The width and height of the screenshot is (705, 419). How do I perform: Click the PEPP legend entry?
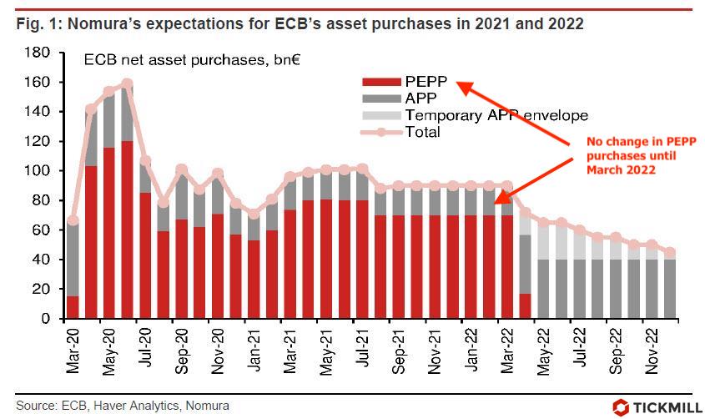point(426,82)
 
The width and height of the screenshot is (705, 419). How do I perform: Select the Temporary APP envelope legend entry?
point(496,115)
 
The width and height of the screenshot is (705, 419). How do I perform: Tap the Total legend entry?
point(421,132)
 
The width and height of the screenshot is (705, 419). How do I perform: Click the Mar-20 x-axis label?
point(73,346)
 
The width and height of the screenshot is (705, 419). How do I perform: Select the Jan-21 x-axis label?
point(254,346)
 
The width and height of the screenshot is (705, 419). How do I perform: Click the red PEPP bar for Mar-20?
point(73,307)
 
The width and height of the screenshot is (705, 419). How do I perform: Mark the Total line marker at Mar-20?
point(73,221)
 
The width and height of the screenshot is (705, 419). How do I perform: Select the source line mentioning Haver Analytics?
point(122,406)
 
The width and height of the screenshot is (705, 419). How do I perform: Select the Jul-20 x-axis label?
point(145,346)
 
